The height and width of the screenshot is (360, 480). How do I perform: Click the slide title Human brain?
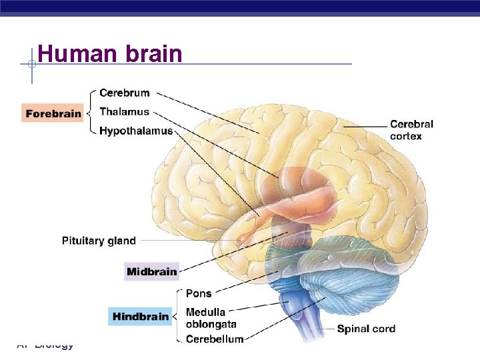[110, 53]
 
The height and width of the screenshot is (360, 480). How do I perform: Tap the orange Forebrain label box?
[53, 113]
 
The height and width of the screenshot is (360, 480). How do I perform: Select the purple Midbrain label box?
[152, 271]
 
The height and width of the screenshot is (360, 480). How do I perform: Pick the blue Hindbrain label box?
[141, 316]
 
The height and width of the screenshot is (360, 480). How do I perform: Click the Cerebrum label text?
[124, 93]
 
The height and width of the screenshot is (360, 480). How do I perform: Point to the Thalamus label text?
[124, 111]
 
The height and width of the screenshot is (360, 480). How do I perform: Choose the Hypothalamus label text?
[135, 131]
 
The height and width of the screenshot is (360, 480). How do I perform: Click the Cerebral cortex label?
[411, 130]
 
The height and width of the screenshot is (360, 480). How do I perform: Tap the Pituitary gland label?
[99, 241]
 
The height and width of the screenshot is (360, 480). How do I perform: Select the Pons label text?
[198, 293]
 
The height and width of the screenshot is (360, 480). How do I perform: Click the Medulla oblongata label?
[211, 318]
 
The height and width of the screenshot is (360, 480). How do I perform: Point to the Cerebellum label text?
[214, 339]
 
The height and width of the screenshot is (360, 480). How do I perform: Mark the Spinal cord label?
[365, 329]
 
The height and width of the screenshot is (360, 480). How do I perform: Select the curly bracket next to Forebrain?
[92, 113]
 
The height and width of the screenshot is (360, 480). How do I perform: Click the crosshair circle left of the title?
[31, 65]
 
